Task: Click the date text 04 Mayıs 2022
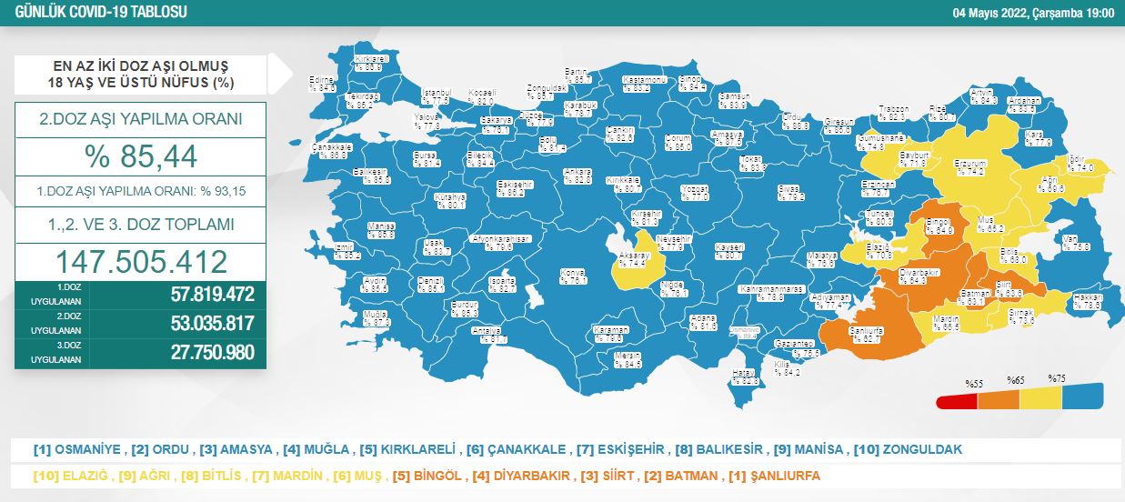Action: [x=986, y=12]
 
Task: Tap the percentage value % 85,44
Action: [x=140, y=156]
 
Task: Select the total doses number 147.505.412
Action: [x=141, y=262]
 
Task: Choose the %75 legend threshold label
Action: [x=1057, y=378]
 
